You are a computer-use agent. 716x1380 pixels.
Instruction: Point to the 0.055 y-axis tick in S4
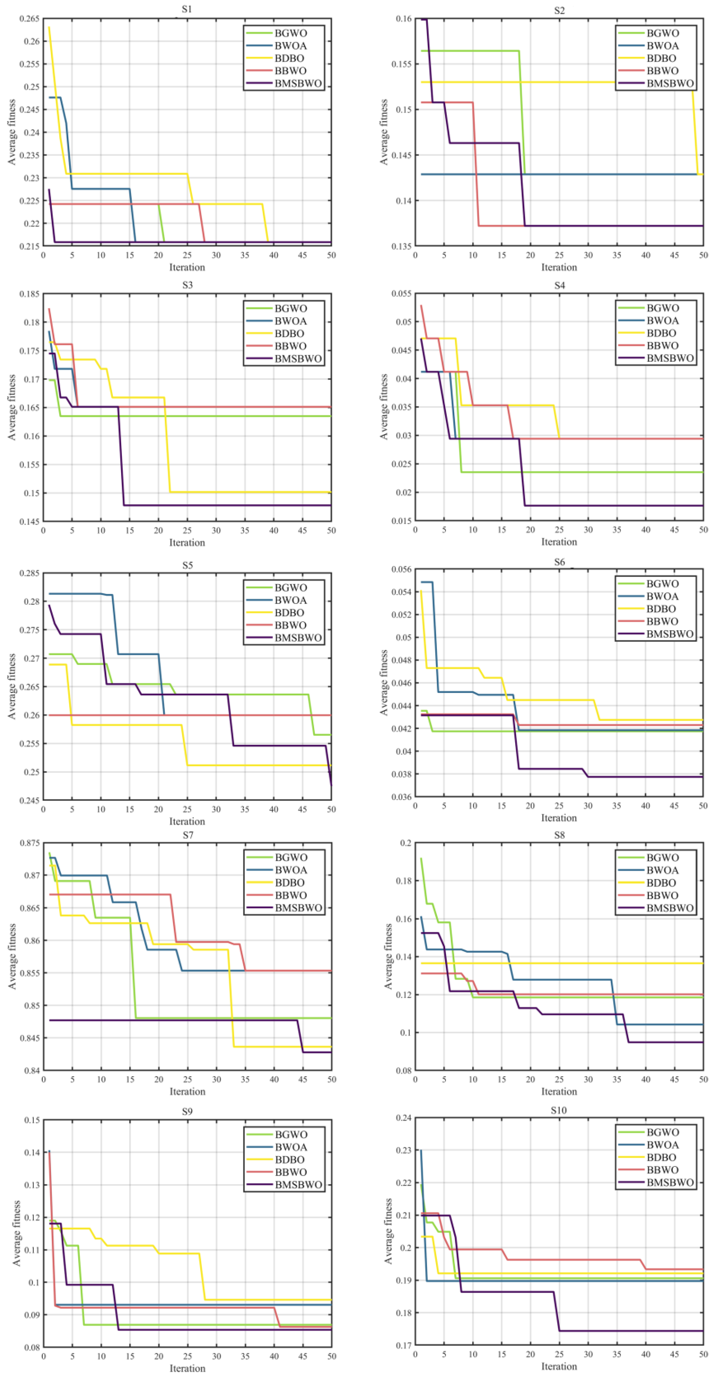pos(402,293)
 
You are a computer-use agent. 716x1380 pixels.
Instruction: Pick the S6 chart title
pos(559,562)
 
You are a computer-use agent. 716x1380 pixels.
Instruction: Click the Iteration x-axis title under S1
pos(187,267)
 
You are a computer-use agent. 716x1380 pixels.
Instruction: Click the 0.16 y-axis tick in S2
pos(404,19)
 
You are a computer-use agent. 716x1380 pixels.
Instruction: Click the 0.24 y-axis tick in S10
pos(404,1118)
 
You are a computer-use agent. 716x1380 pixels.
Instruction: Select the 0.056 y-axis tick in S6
pos(402,569)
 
